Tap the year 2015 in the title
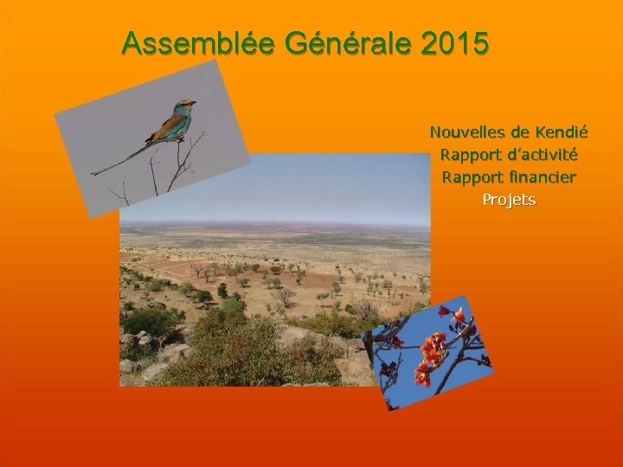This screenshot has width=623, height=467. (456, 43)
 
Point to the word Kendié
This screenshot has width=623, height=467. (562, 133)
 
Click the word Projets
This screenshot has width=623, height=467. (509, 200)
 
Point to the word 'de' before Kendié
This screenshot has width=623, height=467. (520, 133)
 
